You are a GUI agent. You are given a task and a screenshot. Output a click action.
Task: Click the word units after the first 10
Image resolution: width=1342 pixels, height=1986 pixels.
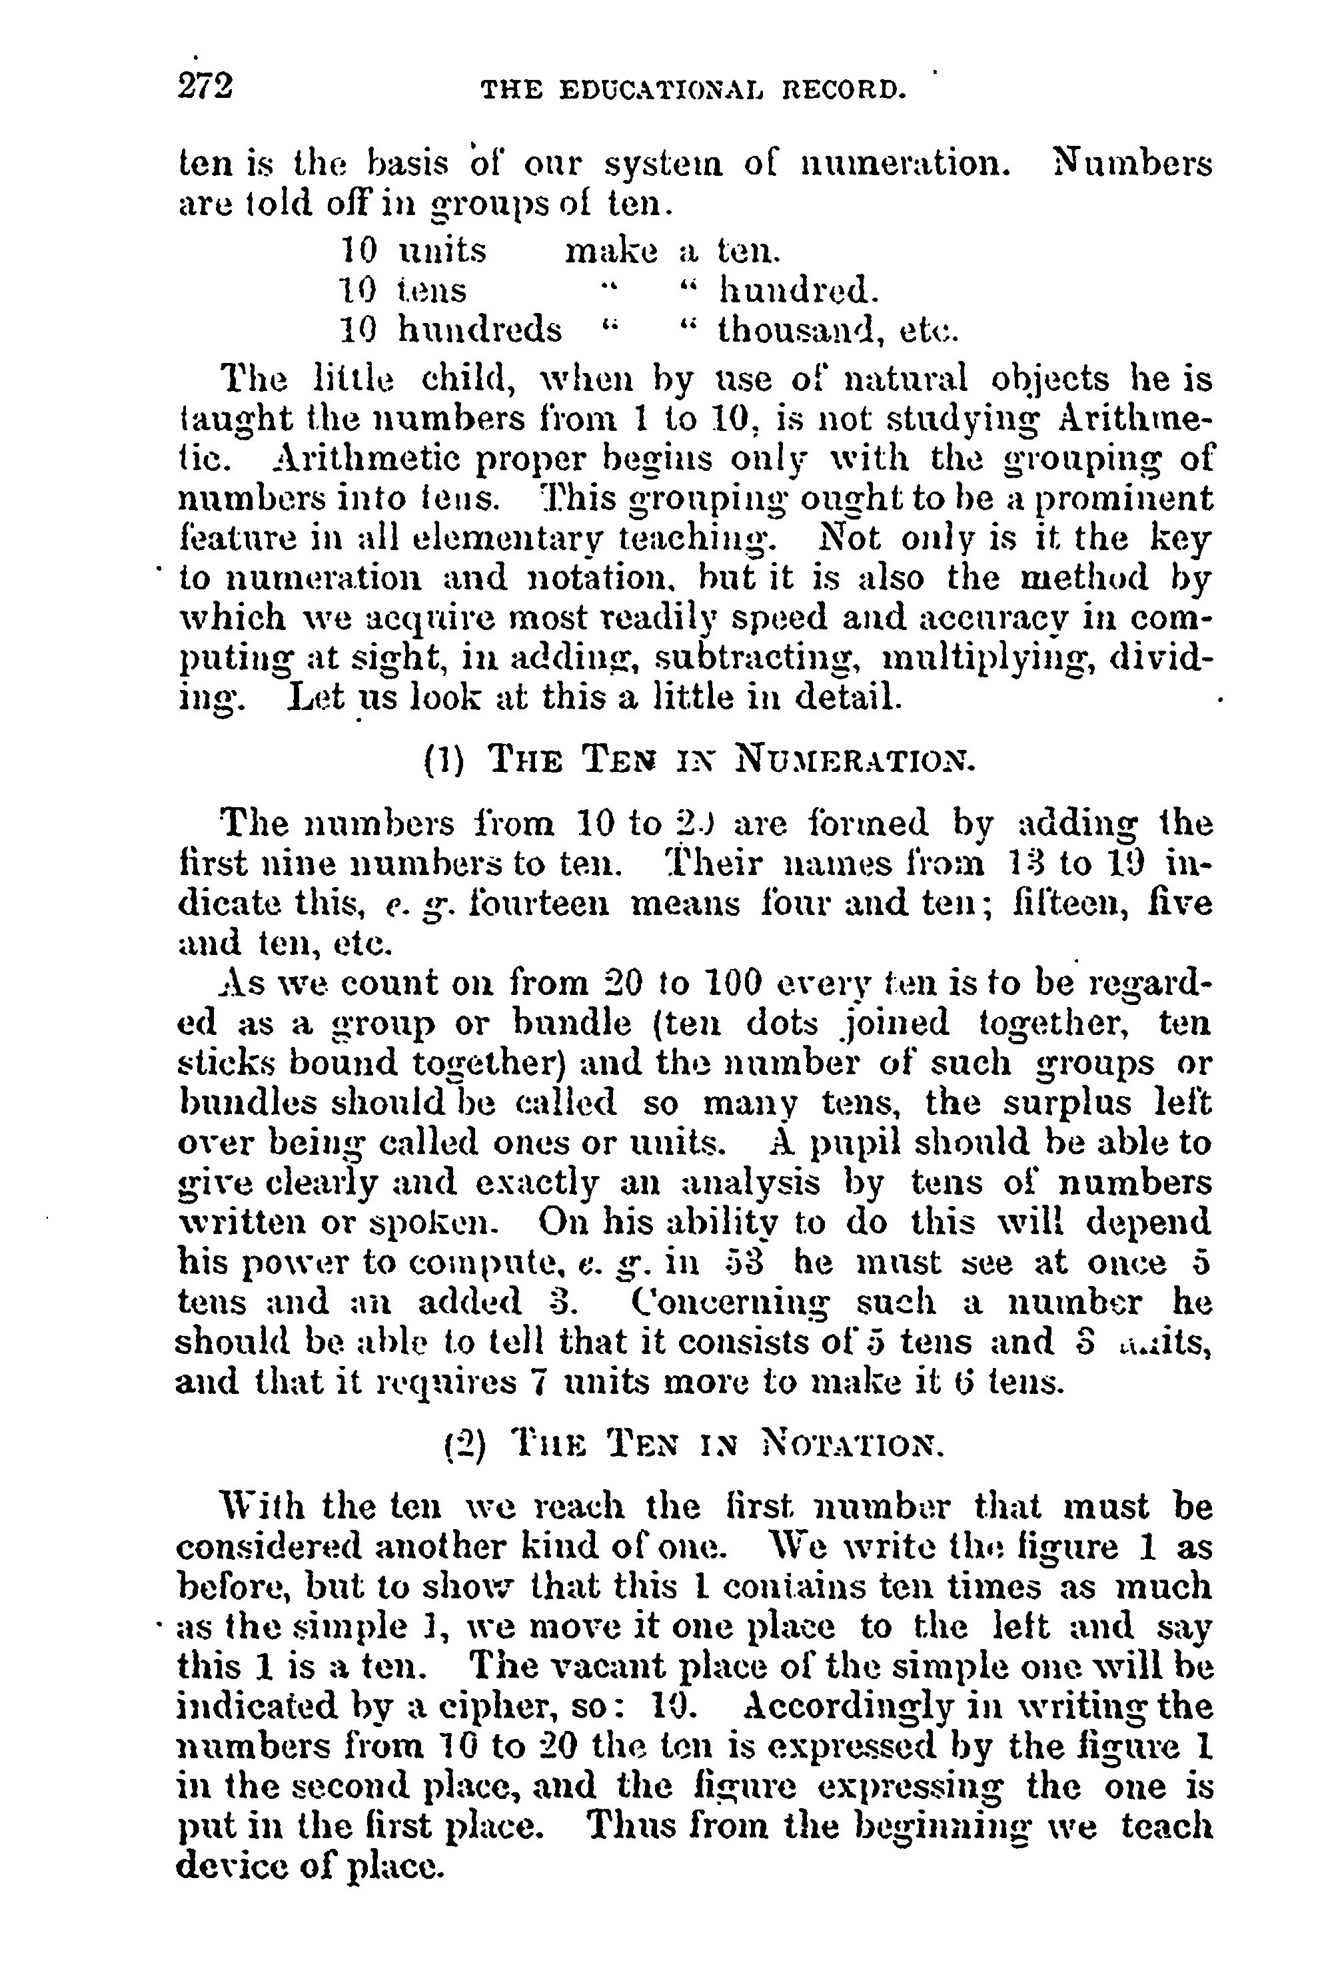[442, 250]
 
